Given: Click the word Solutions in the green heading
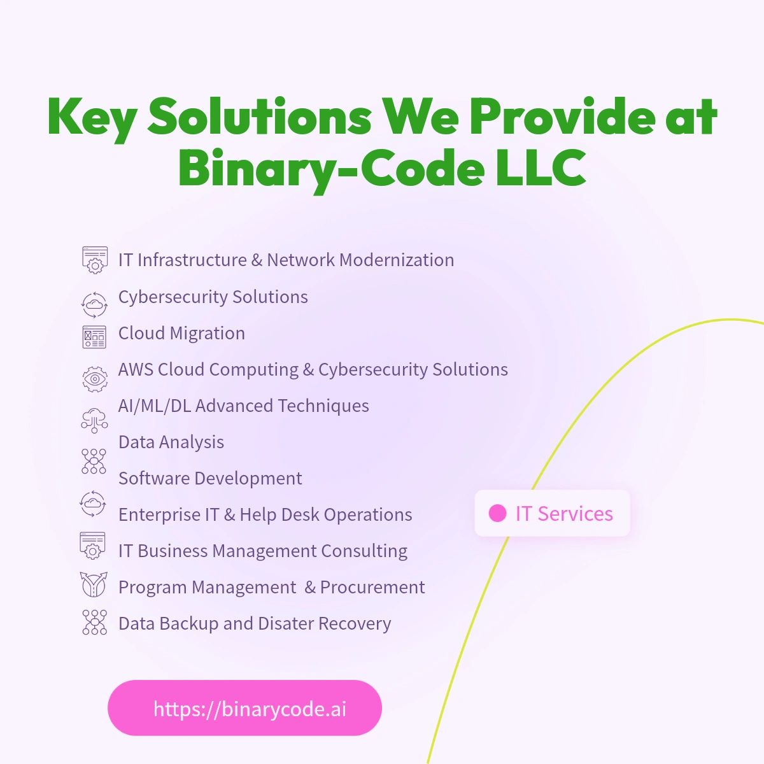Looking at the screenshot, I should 260,117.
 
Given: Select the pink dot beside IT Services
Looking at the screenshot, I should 497,513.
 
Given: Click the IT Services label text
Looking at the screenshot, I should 564,514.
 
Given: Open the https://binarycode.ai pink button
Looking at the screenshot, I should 244,708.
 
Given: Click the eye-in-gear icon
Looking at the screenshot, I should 95,379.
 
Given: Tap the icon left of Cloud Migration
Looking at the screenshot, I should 94,337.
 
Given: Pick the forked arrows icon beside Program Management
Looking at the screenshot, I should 94,584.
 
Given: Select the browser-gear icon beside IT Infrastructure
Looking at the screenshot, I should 95,260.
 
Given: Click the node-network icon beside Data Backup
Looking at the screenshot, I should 95,622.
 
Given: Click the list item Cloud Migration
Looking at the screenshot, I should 181,333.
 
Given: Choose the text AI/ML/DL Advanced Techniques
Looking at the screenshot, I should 243,406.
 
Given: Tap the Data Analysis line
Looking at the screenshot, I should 171,442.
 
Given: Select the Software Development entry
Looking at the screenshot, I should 210,478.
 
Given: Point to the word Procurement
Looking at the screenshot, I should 372,587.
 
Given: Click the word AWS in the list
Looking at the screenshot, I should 136,369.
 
